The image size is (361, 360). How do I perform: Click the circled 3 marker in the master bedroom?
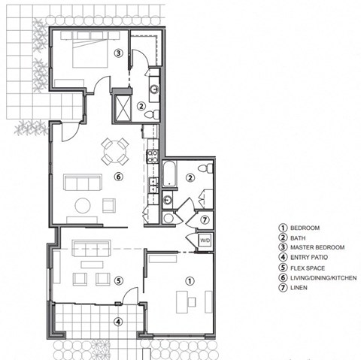point(118,53)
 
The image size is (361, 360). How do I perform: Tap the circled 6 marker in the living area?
point(117,177)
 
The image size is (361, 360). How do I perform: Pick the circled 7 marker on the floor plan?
point(205,220)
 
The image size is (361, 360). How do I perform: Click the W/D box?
point(204,241)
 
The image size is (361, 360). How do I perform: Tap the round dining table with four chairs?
point(115,150)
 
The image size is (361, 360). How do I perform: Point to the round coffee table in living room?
point(82,205)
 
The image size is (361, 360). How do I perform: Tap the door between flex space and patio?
point(129,298)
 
